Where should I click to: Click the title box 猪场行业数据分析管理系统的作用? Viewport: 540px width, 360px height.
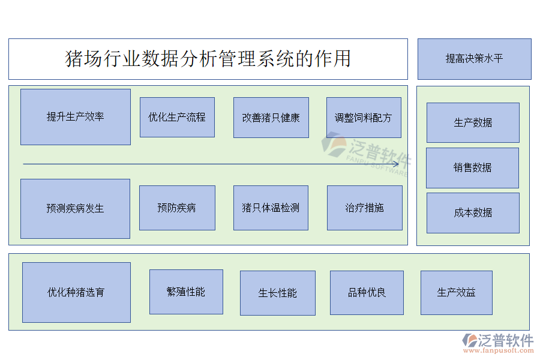click(208, 59)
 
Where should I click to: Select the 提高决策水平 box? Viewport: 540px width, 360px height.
click(474, 59)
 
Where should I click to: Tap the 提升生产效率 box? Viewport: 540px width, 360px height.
click(76, 117)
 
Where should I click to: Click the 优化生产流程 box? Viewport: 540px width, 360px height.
click(177, 117)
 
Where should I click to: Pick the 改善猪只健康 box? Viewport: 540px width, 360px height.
click(271, 117)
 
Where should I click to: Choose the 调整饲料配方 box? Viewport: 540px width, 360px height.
click(364, 117)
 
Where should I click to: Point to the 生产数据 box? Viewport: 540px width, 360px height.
click(473, 122)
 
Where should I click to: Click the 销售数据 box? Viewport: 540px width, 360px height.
click(472, 167)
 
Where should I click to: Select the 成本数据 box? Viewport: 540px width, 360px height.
click(473, 212)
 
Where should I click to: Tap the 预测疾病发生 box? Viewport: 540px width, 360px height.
click(75, 208)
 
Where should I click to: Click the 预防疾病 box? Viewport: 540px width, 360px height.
click(177, 208)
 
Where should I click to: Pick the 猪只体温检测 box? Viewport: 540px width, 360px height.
click(271, 208)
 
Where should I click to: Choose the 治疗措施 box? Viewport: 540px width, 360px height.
click(364, 208)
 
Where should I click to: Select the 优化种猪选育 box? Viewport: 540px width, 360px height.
click(76, 292)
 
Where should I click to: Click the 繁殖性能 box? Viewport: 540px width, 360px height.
click(186, 292)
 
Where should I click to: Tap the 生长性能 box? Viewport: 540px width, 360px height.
click(277, 293)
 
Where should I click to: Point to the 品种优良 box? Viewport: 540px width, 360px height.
click(367, 292)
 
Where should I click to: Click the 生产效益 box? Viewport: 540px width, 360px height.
click(456, 292)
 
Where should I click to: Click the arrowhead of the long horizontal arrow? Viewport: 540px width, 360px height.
click(395, 164)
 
